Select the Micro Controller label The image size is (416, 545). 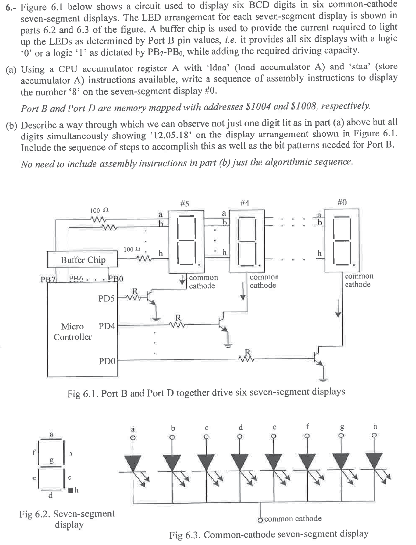[x=72, y=332]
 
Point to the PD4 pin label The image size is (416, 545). [x=107, y=326]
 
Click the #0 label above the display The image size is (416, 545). [x=342, y=202]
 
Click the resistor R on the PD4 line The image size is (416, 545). [x=177, y=325]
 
